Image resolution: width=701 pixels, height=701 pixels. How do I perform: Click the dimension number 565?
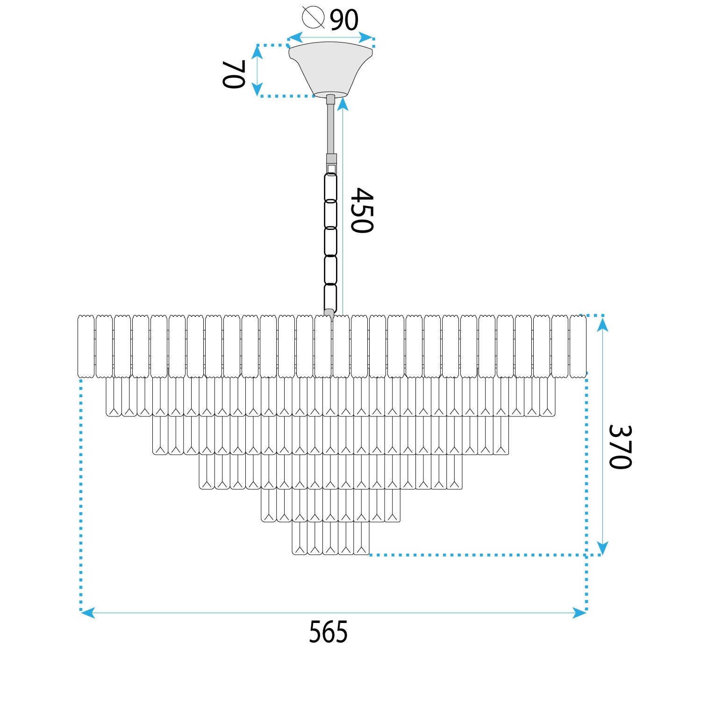328,632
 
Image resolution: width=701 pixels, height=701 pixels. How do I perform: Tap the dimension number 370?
620,447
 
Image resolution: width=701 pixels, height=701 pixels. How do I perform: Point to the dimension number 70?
233,74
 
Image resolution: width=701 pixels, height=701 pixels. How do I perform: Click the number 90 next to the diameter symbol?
344,20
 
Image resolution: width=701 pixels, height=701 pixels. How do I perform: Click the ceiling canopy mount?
330,68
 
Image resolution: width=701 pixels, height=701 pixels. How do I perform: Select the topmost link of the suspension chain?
330,187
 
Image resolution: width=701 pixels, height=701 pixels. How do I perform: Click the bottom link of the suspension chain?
330,297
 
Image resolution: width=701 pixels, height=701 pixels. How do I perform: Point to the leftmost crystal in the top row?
86,346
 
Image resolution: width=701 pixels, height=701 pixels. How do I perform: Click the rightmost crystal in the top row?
578,346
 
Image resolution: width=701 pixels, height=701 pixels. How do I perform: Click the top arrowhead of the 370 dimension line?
602,324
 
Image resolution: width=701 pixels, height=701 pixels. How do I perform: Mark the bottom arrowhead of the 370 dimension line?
602,548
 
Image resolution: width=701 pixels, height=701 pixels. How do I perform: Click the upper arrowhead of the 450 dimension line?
343,104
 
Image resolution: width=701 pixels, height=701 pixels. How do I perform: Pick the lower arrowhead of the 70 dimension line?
257,89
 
